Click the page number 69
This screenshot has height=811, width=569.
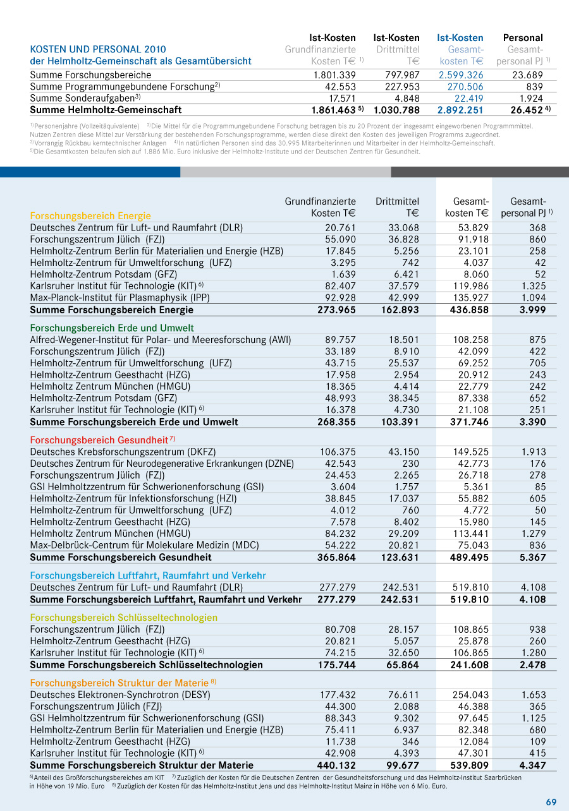tap(551, 802)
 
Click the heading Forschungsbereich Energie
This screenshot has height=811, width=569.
tap(90, 215)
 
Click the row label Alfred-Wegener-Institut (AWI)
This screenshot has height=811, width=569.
tap(161, 340)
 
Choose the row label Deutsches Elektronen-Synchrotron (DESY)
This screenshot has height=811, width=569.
tap(120, 695)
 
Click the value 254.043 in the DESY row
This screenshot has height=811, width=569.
tap(470, 695)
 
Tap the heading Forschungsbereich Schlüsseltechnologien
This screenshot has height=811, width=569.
tap(123, 618)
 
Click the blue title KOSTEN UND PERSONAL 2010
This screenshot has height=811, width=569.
tap(98, 49)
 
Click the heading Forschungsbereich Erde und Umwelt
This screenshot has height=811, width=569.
tap(112, 328)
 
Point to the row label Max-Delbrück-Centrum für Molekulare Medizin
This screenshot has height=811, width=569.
tap(144, 545)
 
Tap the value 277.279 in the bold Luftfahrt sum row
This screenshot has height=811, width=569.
tap(336, 599)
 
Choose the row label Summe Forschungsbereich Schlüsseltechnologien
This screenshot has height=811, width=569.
tap(146, 664)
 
